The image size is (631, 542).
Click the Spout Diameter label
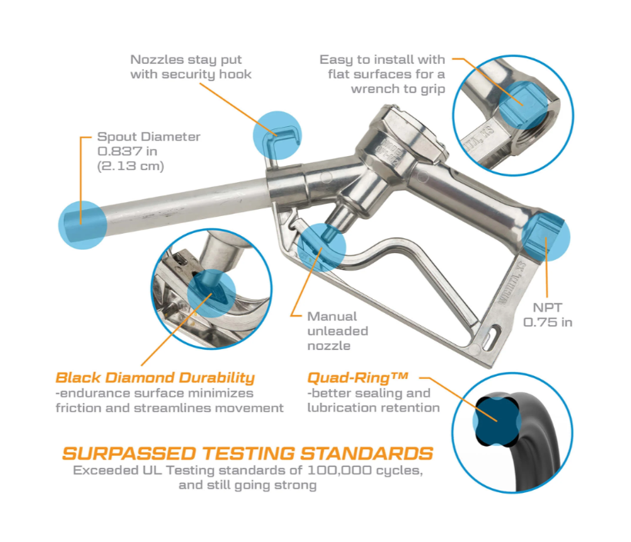149,137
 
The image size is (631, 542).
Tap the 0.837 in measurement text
127,151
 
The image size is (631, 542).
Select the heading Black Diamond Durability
155,378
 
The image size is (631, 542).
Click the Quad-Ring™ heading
358,377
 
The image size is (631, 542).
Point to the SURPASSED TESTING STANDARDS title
248,454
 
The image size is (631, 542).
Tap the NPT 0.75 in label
547,315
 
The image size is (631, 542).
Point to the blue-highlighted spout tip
82,225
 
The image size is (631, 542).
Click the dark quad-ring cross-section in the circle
496,421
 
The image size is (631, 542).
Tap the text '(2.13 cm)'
131,166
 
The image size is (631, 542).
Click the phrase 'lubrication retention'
373,407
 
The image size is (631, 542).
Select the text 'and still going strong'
248,485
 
